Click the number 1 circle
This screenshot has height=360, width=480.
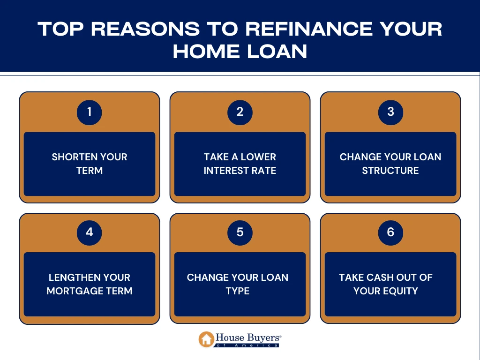pos(90,112)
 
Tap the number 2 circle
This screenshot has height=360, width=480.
pos(240,112)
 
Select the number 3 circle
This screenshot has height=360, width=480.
pos(390,112)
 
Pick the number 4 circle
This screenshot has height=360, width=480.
pos(90,232)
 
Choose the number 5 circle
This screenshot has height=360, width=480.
pos(240,232)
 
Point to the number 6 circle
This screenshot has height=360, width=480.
pos(390,232)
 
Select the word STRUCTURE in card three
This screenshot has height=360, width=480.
pos(390,171)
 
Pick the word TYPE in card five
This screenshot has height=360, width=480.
pos(238,291)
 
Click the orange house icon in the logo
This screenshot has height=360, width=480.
pos(206,339)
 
